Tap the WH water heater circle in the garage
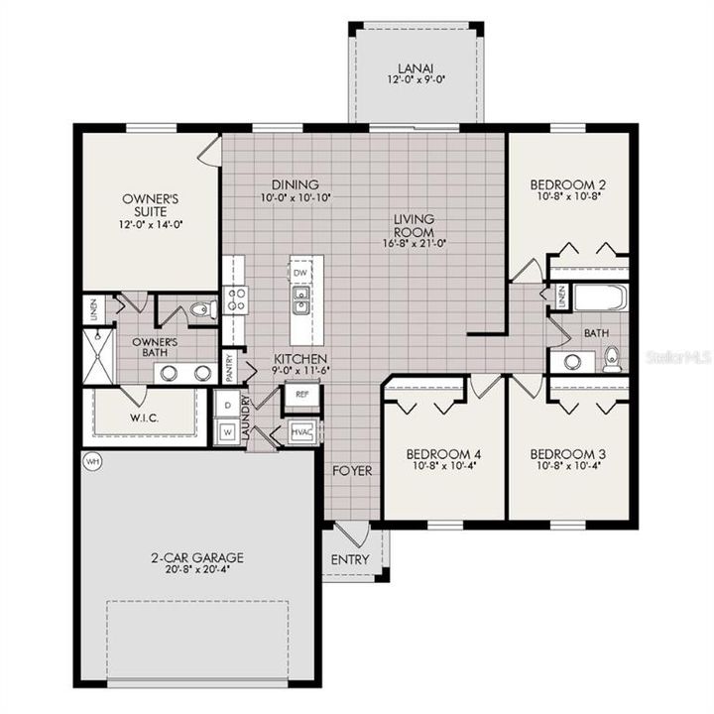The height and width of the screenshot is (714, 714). point(93,462)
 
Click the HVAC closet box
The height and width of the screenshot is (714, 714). point(300,432)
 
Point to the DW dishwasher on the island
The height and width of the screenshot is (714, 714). point(300,272)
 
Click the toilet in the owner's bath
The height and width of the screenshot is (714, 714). point(201,310)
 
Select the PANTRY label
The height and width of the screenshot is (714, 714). point(229,368)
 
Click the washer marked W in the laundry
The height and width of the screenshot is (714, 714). point(226,432)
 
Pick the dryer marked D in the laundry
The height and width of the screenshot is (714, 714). point(226,405)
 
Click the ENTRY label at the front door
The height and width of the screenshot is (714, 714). point(349,559)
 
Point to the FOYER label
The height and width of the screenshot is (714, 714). point(352,470)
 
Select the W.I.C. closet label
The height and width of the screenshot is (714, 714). point(145,417)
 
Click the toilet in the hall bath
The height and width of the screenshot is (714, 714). point(611,357)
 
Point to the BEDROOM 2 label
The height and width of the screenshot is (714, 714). point(567,184)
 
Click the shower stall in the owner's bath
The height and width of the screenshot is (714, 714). point(98,356)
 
